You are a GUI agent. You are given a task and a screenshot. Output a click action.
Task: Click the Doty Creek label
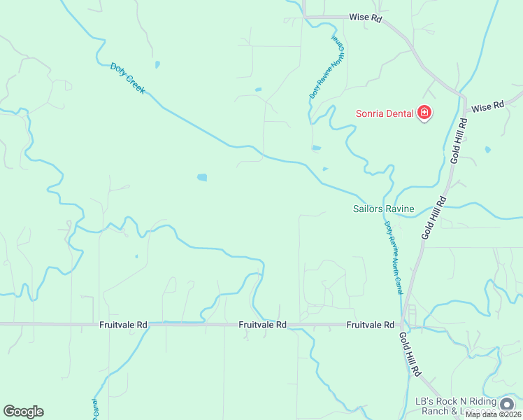click(127, 78)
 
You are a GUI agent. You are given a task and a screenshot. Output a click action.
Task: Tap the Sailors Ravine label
click(384, 209)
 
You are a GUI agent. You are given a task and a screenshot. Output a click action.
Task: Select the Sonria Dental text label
click(384, 113)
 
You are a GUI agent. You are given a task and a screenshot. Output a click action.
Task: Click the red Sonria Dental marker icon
click(424, 112)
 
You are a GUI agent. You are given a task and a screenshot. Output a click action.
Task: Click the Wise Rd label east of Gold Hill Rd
click(487, 107)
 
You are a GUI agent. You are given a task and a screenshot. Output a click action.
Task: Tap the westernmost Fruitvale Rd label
click(123, 325)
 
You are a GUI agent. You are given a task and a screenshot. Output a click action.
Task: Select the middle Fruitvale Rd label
click(262, 325)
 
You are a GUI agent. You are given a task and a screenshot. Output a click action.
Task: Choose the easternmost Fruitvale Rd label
click(371, 325)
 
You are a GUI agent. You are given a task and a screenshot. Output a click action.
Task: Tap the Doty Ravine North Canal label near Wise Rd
click(327, 67)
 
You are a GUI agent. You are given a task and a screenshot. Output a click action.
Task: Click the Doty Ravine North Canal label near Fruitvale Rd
click(394, 257)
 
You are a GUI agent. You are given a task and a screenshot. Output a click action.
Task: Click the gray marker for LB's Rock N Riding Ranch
click(506, 404)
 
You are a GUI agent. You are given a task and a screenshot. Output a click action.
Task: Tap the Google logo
click(23, 412)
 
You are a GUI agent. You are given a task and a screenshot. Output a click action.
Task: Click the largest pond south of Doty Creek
click(202, 177)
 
